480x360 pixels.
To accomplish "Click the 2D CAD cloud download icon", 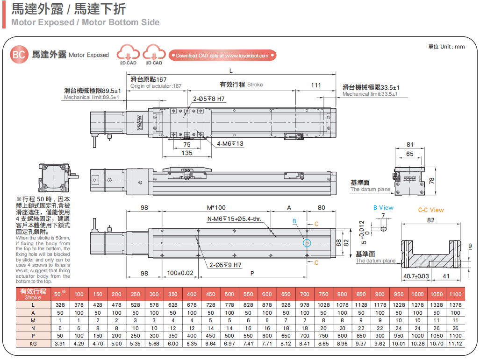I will point(128,53).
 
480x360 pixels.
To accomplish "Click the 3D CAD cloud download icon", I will point(154,53).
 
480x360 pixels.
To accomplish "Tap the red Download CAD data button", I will point(222,56).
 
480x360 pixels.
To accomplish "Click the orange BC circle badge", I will point(19,55).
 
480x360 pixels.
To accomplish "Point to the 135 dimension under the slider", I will point(187,153).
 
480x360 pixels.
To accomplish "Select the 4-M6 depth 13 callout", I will point(230,144).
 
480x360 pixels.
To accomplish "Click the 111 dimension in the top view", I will point(316,85).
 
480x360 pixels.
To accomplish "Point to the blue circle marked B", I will point(307,243).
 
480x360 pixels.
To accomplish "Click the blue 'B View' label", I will point(383,208).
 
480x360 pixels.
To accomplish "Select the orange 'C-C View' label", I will point(431,210).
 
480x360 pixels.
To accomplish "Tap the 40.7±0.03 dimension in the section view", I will point(416,276).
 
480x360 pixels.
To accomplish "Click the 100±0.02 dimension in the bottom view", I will point(180,273).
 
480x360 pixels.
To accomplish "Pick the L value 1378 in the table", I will point(455,304).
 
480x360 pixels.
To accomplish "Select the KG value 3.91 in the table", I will point(60,344).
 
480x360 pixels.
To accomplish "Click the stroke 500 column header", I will point(229,294).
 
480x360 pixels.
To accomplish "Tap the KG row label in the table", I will point(33,344).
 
